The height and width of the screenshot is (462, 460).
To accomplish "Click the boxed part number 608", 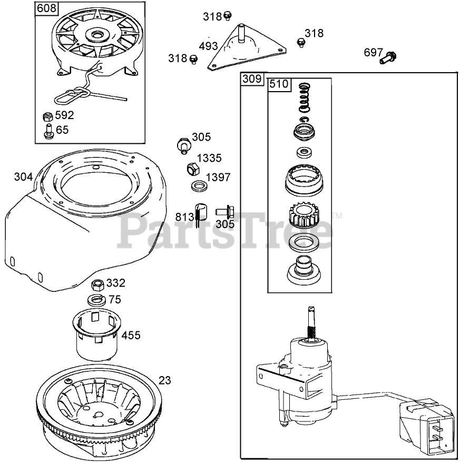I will coord(47,8).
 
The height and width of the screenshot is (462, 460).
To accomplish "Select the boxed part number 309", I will coord(252,80).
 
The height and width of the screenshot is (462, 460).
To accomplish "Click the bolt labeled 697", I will coord(388,57).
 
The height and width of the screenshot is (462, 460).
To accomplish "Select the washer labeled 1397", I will coord(199,186).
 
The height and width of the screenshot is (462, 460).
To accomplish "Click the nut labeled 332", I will coord(97,285).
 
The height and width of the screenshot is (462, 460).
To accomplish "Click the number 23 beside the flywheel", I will coord(165,380).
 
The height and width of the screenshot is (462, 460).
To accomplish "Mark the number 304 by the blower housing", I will coord(23,177).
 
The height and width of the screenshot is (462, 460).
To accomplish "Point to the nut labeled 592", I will coord(47,116).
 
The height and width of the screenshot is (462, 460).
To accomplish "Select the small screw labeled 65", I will coord(48,131).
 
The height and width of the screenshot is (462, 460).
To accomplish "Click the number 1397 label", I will coord(218,177).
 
